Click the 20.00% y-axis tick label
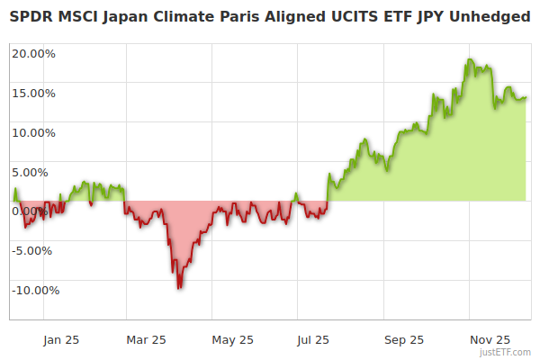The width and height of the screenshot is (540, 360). pyautogui.click(x=34, y=53)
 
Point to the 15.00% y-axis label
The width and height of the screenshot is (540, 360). pyautogui.click(x=34, y=93)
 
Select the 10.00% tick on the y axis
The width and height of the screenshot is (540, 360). pyautogui.click(x=34, y=132)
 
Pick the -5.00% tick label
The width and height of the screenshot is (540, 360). pyautogui.click(x=35, y=250)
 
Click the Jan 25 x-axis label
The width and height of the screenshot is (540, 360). pyautogui.click(x=61, y=340)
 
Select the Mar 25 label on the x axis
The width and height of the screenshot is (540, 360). pyautogui.click(x=147, y=340)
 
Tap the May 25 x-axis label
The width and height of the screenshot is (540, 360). pyautogui.click(x=233, y=340)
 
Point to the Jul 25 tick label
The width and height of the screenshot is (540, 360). pyautogui.click(x=312, y=340)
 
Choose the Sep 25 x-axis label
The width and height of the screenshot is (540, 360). pyautogui.click(x=404, y=340)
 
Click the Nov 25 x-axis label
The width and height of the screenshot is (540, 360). pyautogui.click(x=490, y=340)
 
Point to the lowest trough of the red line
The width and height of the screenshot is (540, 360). pyautogui.click(x=180, y=287)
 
